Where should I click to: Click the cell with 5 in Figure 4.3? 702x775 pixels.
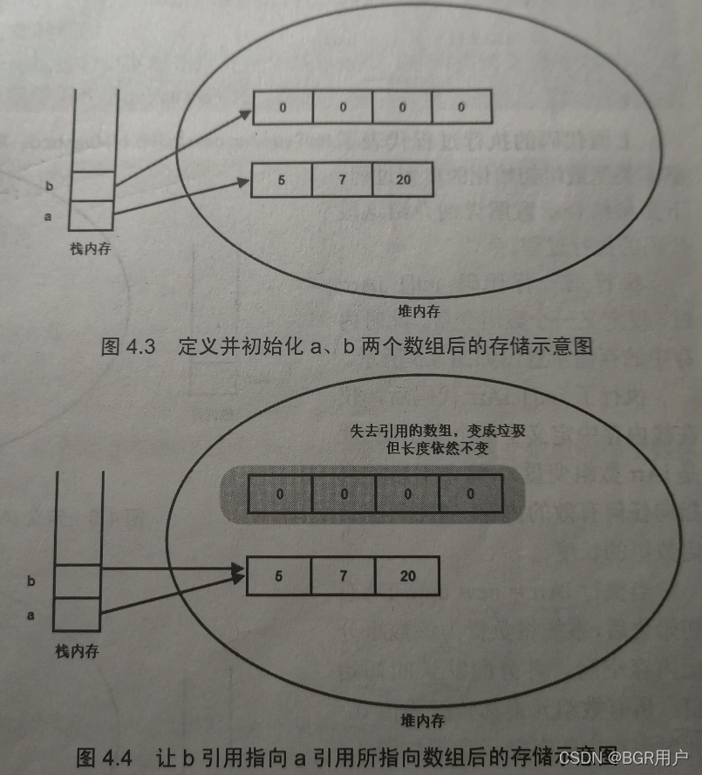pyautogui.click(x=281, y=180)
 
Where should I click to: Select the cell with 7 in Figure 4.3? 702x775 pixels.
pyautogui.click(x=342, y=180)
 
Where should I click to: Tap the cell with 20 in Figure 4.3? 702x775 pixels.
pyautogui.click(x=401, y=180)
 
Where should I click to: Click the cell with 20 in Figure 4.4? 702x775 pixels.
pyautogui.click(x=407, y=576)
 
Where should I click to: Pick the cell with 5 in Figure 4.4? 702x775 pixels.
pyautogui.click(x=279, y=576)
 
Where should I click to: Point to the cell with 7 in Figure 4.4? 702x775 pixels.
pyautogui.click(x=344, y=576)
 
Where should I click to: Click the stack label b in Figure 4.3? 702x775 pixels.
pyautogui.click(x=49, y=186)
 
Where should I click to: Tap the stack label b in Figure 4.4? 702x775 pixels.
pyautogui.click(x=31, y=581)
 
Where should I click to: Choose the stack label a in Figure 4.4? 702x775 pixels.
pyautogui.click(x=31, y=615)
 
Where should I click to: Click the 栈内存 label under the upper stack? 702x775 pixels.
pyautogui.click(x=92, y=249)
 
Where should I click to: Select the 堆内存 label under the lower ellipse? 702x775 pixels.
pyautogui.click(x=422, y=720)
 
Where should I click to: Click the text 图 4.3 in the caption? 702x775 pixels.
pyautogui.click(x=127, y=346)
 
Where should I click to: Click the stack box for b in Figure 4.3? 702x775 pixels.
pyautogui.click(x=92, y=186)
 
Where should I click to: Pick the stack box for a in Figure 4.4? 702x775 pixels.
pyautogui.click(x=77, y=615)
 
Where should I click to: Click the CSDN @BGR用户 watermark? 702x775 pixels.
pyautogui.click(x=624, y=757)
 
